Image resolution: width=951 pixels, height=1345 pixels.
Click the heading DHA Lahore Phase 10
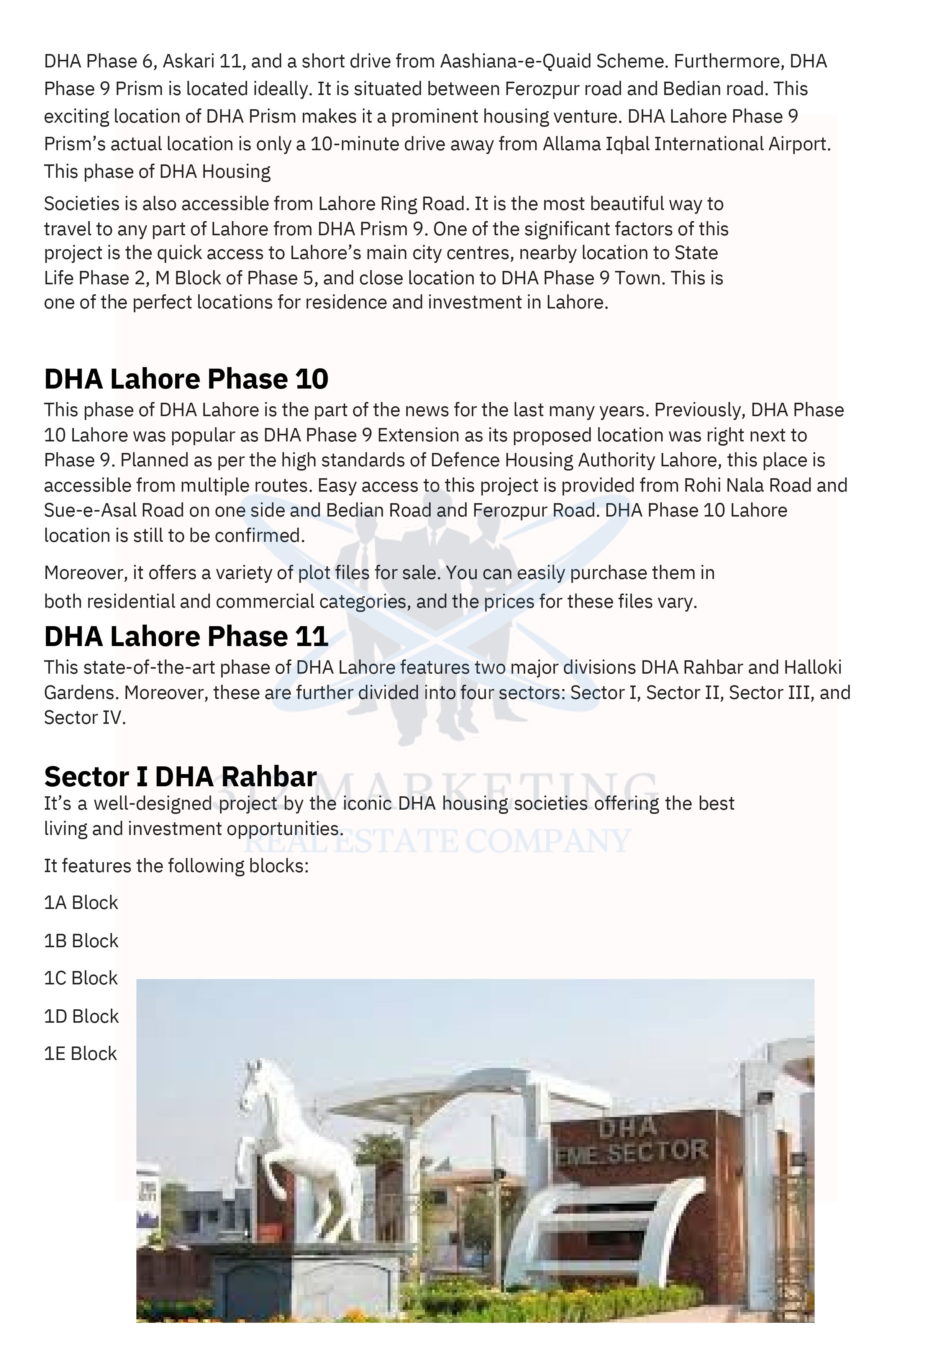click(186, 379)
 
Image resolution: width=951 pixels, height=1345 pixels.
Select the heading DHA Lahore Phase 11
click(186, 637)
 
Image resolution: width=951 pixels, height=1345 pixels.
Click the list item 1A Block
click(81, 903)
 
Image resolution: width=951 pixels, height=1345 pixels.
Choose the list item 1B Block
click(81, 941)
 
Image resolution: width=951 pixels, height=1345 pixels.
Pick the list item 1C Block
click(81, 978)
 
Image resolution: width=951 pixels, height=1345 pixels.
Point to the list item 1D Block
click(81, 1016)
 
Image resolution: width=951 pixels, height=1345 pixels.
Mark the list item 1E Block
click(81, 1054)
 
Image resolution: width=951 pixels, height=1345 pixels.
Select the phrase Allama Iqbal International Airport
click(686, 144)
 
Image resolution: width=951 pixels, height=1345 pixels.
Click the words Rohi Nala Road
click(748, 485)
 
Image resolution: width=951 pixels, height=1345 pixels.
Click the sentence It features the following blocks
click(175, 866)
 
